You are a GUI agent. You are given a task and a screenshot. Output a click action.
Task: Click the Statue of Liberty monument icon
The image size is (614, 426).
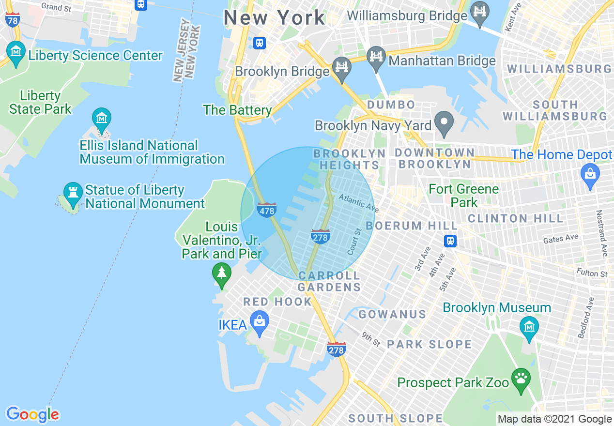tap(73, 191)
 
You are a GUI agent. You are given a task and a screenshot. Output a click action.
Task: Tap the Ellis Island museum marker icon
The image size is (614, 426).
tap(102, 118)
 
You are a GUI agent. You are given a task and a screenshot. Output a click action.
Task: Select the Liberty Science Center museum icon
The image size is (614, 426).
tap(16, 51)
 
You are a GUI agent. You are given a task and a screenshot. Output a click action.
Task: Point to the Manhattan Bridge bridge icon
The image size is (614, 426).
tap(376, 56)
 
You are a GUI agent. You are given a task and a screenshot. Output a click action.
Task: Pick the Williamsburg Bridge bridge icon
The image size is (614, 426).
tap(480, 11)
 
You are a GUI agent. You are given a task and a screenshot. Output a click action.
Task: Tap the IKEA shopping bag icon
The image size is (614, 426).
tap(260, 321)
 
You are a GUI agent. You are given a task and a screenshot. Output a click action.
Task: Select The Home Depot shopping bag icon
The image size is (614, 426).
tap(590, 173)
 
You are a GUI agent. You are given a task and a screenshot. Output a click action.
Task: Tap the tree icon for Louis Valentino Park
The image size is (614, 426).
tap(222, 274)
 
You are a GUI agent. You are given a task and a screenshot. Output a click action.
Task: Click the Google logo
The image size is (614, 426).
tap(32, 414)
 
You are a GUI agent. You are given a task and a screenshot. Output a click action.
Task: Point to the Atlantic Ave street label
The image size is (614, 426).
tap(359, 203)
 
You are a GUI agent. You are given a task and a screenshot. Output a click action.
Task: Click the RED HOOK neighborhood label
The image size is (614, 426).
tap(277, 302)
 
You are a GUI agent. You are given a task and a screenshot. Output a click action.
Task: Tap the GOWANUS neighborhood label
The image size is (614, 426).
tap(392, 314)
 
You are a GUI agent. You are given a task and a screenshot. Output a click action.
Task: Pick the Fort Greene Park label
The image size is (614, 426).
tap(463, 195)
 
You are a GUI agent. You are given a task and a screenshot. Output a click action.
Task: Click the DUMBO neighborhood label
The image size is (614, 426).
tap(391, 105)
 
